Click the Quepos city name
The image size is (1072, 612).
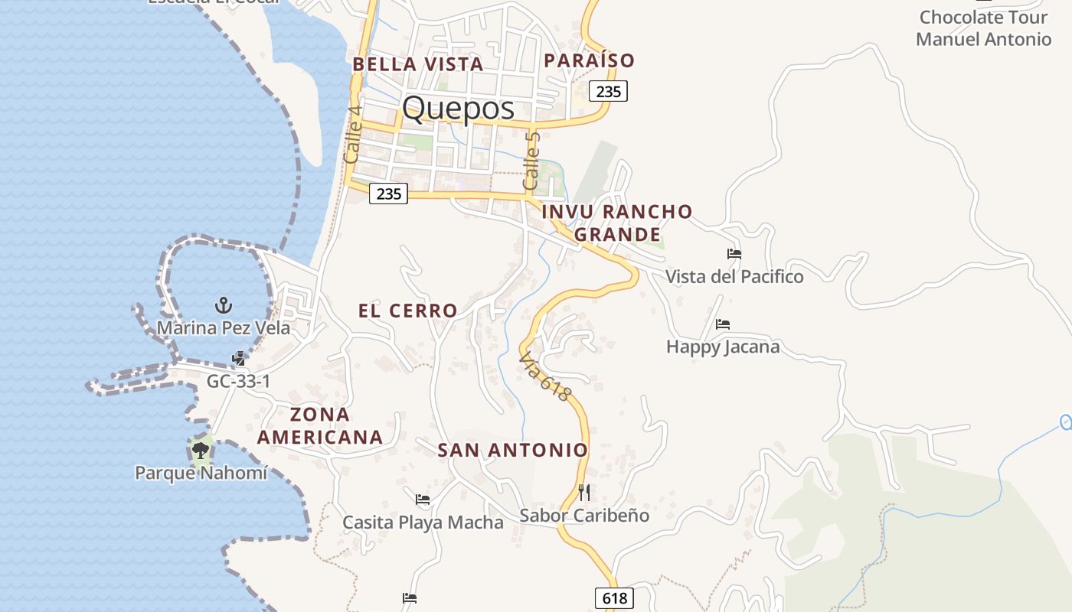coord(458,108)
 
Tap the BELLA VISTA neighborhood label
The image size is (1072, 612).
coord(418,64)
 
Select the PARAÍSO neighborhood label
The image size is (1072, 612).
coord(590,60)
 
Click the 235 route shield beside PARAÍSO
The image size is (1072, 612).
coord(608,91)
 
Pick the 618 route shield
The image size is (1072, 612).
coord(614,598)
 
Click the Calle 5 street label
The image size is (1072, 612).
coord(531,161)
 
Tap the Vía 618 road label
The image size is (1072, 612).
coord(545,376)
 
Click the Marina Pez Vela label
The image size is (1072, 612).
coord(224,328)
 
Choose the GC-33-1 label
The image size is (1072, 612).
coord(239,381)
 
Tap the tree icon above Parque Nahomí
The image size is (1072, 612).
coord(201,450)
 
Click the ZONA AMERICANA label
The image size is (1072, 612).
coord(320,426)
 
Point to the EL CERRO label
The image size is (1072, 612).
coord(408,311)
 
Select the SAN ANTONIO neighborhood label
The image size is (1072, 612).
coord(512,451)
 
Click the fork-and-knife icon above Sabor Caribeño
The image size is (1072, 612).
coord(584,493)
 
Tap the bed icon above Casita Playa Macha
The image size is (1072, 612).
coord(422,500)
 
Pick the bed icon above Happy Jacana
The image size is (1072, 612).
coord(723,324)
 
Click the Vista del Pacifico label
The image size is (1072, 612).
coord(734,276)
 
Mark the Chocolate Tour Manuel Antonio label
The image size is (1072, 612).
coord(983,28)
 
